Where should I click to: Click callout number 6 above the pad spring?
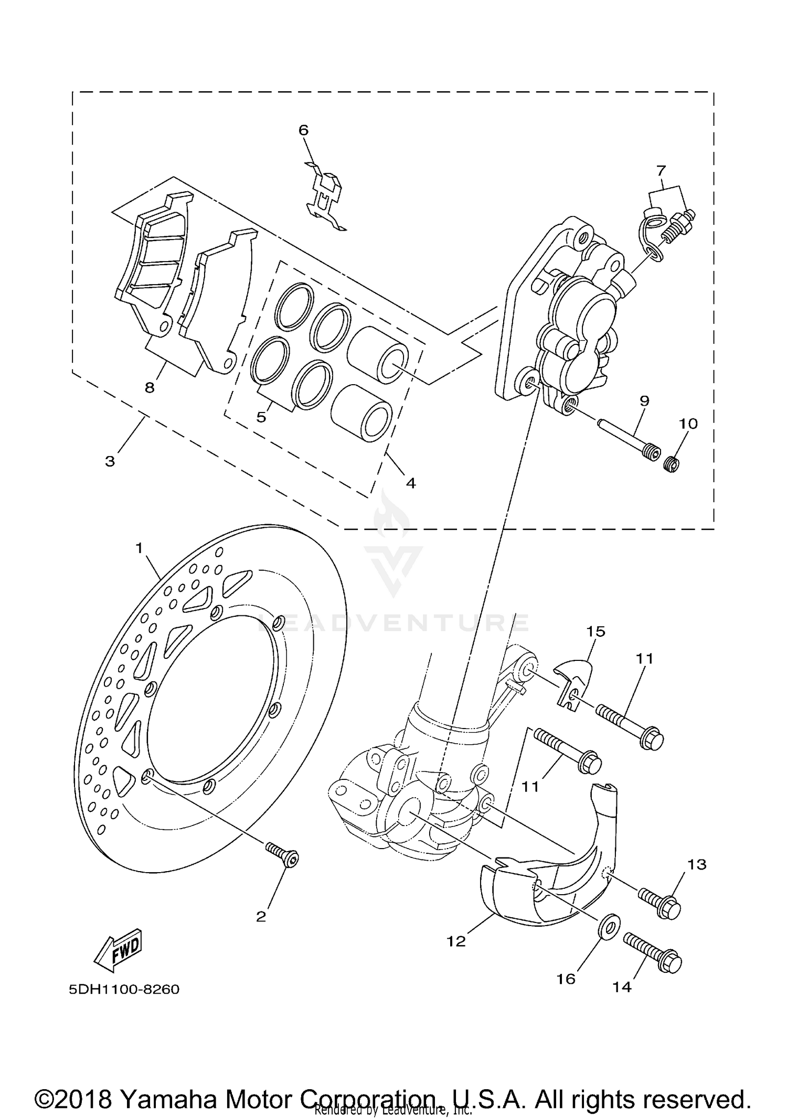304,130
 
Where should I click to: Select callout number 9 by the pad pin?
644,401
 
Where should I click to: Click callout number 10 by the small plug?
688,423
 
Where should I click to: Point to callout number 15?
595,632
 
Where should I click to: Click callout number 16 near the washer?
567,979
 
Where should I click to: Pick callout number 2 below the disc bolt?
261,916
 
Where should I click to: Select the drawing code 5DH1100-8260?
124,989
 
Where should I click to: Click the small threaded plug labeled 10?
671,463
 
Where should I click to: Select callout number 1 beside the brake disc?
139,549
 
